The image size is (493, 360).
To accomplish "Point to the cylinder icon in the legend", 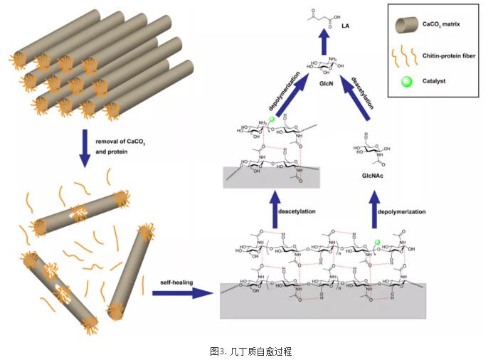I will pyautogui.click(x=407, y=26).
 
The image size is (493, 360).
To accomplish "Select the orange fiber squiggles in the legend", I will pyautogui.click(x=407, y=54).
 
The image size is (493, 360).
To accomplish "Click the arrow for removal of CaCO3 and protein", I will pyautogui.click(x=85, y=147).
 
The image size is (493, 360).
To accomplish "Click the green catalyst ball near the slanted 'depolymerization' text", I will pyautogui.click(x=272, y=120).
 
